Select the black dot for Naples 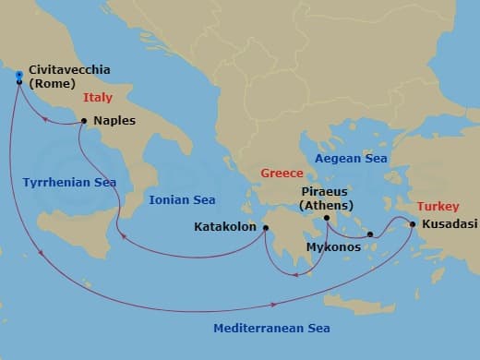pos(84,120)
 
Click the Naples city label pos(114,120)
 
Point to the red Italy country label pos(99,97)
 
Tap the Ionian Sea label pos(182,199)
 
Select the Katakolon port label pos(225,226)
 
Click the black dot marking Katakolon pos(265,228)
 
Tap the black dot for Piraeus pos(326,218)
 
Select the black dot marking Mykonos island pos(370,234)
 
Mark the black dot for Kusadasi pos(412,222)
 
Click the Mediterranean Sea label pos(271,328)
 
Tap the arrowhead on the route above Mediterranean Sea pos(274,304)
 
